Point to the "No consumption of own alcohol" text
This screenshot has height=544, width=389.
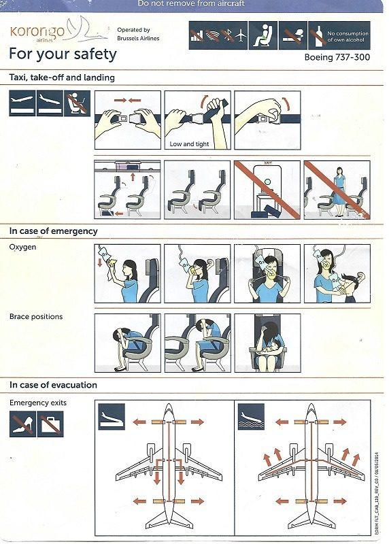click(348, 36)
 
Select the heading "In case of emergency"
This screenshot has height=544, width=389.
click(53, 231)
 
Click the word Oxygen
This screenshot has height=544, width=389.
click(22, 247)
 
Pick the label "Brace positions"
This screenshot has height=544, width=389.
click(35, 316)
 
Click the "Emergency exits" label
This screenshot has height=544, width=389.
click(38, 403)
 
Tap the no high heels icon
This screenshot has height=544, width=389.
click(22, 424)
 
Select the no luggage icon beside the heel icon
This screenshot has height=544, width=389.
click(50, 424)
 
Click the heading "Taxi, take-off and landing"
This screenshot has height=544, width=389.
click(62, 78)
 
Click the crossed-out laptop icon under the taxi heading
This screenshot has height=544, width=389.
click(77, 103)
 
